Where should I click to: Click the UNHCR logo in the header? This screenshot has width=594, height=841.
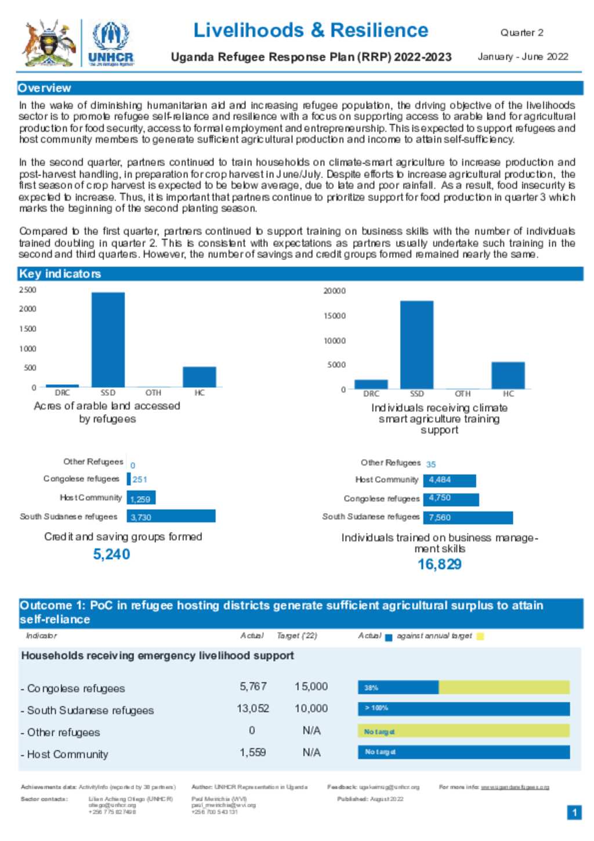point(111,43)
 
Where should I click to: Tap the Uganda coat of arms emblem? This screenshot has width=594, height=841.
point(49,43)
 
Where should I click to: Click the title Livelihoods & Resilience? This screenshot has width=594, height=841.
point(310,30)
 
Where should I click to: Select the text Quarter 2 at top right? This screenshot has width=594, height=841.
point(521,33)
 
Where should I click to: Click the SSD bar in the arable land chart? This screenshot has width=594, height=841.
point(108,340)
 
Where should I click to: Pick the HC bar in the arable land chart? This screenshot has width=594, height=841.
point(199,377)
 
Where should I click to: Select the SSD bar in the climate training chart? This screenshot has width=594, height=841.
point(416,345)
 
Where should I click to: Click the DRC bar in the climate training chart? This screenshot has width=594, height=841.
point(371,384)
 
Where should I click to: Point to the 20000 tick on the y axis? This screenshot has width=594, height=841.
point(334,291)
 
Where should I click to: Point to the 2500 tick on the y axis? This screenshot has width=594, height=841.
point(27,290)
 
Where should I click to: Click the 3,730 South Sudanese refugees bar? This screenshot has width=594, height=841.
point(171,516)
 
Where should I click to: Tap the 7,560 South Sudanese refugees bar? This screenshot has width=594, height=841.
point(468,517)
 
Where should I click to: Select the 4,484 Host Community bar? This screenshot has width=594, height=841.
point(450,480)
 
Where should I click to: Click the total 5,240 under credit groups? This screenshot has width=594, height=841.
point(111,554)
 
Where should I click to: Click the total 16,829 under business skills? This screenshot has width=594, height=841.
point(439,564)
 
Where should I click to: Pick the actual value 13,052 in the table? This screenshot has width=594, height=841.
point(253,708)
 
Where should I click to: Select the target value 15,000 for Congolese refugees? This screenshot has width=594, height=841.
point(311,686)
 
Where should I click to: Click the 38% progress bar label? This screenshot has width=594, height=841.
point(371,688)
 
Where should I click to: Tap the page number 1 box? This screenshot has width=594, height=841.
point(574,812)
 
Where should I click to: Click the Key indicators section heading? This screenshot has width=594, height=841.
point(60,273)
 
